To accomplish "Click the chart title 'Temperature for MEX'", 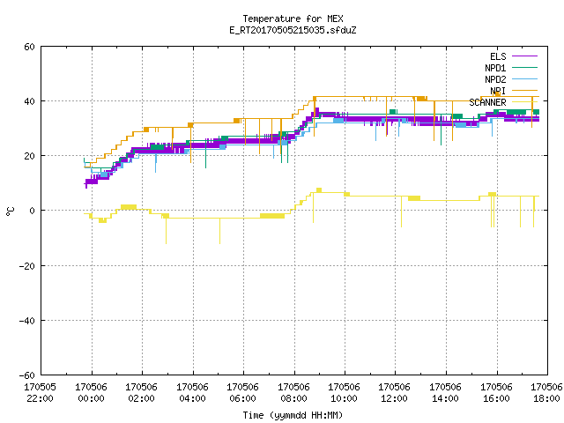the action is (293, 19).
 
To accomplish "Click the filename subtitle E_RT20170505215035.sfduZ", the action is (293, 30).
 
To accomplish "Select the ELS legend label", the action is (498, 56).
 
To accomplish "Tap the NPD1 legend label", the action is (495, 68).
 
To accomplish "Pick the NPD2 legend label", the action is (495, 79).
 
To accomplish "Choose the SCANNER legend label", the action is (487, 102).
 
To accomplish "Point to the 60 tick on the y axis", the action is (29, 47).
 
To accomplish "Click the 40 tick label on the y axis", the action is (29, 101).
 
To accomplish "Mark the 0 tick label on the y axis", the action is (33, 211).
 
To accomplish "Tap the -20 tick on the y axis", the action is (27, 266).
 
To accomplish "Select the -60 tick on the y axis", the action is (27, 375).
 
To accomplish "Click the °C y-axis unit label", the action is (10, 211).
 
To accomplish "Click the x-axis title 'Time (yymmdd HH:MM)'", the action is (293, 415).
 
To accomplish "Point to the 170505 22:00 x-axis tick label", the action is (40, 393).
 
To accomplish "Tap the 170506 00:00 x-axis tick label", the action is (91, 393).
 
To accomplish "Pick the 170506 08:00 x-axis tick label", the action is (293, 393).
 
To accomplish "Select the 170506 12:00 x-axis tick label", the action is (395, 393).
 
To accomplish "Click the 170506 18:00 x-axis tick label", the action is (546, 393).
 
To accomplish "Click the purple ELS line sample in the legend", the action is (525, 56).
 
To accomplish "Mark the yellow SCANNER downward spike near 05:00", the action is (219, 231).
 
